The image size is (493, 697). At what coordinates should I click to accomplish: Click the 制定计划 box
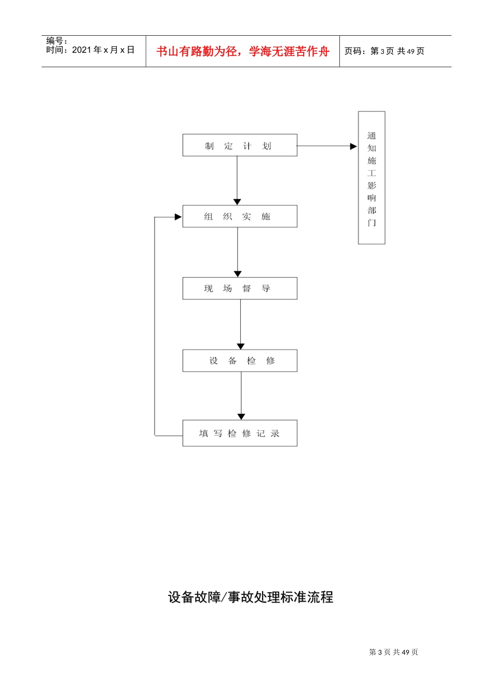click(x=240, y=145)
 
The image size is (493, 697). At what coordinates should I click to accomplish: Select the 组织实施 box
click(x=240, y=216)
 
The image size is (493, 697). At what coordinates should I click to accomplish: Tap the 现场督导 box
click(x=240, y=288)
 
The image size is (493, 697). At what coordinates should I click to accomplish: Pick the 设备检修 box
click(x=240, y=360)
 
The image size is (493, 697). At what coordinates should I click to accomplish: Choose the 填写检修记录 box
click(x=240, y=433)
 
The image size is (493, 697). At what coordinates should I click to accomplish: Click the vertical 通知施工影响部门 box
click(x=372, y=177)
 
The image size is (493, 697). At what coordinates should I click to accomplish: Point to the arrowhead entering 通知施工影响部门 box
click(x=354, y=146)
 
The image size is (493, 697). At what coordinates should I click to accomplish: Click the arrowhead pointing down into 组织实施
click(x=237, y=202)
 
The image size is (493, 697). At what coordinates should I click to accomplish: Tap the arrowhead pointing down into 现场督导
click(x=238, y=274)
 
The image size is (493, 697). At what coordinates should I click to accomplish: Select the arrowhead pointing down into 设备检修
click(x=241, y=346)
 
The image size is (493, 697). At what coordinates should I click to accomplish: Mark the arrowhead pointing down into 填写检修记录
click(x=241, y=416)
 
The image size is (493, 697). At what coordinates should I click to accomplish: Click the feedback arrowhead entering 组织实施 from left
click(x=178, y=217)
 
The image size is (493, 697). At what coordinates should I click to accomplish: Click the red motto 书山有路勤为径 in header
click(x=242, y=51)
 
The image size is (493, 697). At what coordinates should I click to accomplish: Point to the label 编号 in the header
click(x=54, y=40)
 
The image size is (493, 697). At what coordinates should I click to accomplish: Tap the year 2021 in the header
click(x=81, y=50)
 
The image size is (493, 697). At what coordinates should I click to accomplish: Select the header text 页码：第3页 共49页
click(x=385, y=51)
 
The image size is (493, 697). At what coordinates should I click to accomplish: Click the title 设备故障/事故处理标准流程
click(x=251, y=597)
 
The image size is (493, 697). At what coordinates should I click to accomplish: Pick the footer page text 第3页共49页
click(x=393, y=652)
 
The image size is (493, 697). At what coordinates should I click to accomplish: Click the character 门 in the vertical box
click(x=372, y=223)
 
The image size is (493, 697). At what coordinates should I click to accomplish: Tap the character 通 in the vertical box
click(x=372, y=136)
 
